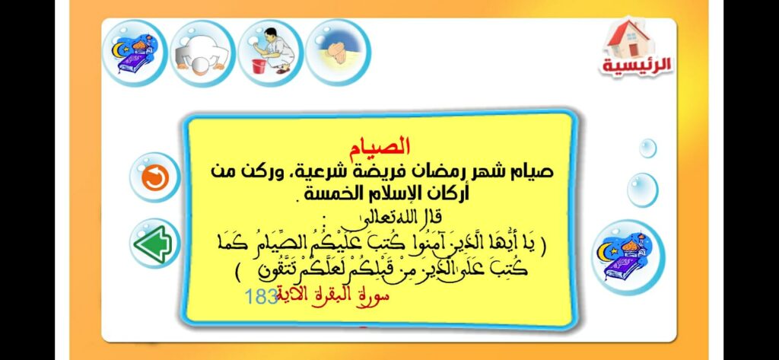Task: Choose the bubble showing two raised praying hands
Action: (x=337, y=51)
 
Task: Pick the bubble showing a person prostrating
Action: (x=202, y=53)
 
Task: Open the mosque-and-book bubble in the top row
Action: (x=134, y=53)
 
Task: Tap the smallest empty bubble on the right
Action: (x=647, y=148)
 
